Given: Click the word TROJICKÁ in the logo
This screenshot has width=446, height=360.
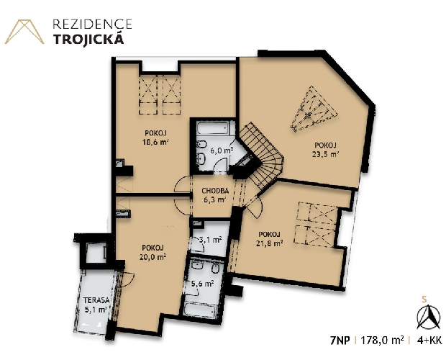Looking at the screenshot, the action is pyautogui.click(x=89, y=39).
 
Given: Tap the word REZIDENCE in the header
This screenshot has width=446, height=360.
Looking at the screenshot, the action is pyautogui.click(x=93, y=24).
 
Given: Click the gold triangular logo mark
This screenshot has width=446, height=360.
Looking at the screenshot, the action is pyautogui.click(x=24, y=32).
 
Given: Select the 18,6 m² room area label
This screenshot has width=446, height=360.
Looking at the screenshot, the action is pyautogui.click(x=155, y=142).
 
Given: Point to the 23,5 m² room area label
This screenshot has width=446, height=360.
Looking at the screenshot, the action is pyautogui.click(x=325, y=154).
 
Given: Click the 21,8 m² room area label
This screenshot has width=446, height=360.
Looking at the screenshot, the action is pyautogui.click(x=269, y=243).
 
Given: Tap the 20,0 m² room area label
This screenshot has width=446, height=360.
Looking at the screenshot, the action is pyautogui.click(x=153, y=257).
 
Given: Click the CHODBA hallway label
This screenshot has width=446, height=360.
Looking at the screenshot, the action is pyautogui.click(x=215, y=191).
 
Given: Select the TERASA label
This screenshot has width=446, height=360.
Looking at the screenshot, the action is pyautogui.click(x=96, y=300).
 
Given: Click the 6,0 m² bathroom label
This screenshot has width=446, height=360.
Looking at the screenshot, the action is pyautogui.click(x=222, y=150).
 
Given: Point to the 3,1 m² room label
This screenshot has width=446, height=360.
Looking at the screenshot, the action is pyautogui.click(x=211, y=240).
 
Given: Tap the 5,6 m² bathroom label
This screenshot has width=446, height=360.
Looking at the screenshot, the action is pyautogui.click(x=202, y=284).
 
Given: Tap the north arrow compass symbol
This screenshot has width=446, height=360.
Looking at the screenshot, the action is pyautogui.click(x=428, y=318).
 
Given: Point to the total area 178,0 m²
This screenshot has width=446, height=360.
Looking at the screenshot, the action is pyautogui.click(x=382, y=340).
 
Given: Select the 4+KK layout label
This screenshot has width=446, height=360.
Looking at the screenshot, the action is pyautogui.click(x=429, y=341).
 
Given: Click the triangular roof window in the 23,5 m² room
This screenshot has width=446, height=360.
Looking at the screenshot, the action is pyautogui.click(x=312, y=109).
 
